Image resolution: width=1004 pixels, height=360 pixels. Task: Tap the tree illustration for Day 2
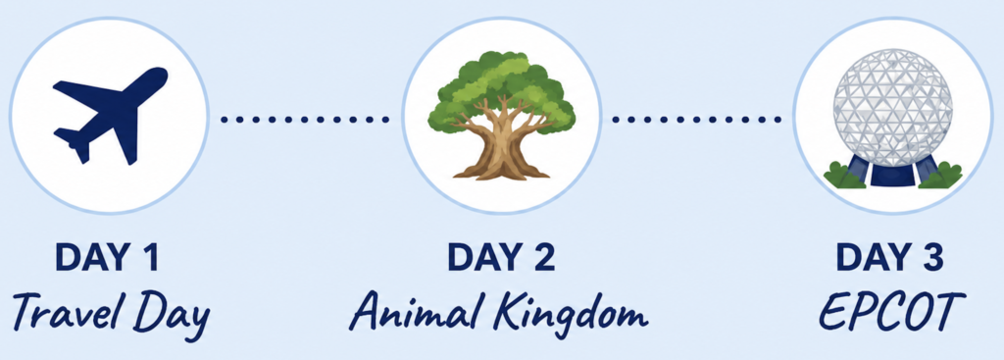[x=502, y=115]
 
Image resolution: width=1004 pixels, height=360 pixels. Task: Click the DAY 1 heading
[x=106, y=258]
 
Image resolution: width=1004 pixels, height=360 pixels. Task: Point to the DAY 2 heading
[x=501, y=258]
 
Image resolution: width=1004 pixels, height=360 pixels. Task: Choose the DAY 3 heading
[x=889, y=258]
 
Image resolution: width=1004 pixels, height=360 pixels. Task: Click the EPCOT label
[x=888, y=312]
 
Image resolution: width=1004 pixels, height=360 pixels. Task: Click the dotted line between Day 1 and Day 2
[x=305, y=119]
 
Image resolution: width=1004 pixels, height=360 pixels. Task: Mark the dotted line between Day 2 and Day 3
[x=696, y=119]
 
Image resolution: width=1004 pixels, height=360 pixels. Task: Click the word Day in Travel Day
[x=172, y=315]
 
